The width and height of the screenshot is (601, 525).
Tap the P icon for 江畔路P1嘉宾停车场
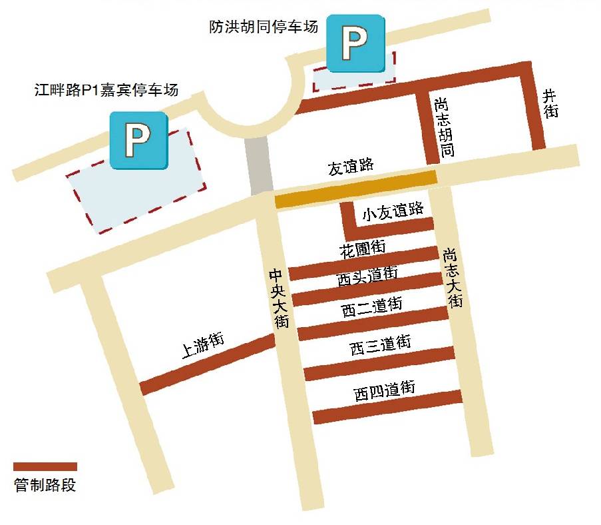tap(139, 140)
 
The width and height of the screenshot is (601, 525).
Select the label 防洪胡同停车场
tap(263, 27)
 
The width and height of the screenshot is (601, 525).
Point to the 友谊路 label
tap(350, 166)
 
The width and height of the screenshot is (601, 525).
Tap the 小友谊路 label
tap(393, 211)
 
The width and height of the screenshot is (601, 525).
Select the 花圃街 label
tap(362, 249)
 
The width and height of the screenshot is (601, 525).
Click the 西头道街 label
tap(367, 276)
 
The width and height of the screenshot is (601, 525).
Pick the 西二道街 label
tap(371, 307)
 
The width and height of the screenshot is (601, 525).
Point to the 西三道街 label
tap(381, 345)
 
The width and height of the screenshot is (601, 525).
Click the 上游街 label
tap(203, 346)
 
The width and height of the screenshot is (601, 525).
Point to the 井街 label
tap(550, 103)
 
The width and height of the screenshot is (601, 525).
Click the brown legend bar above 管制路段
tap(45, 466)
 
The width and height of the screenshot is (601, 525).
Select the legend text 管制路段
tap(45, 485)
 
